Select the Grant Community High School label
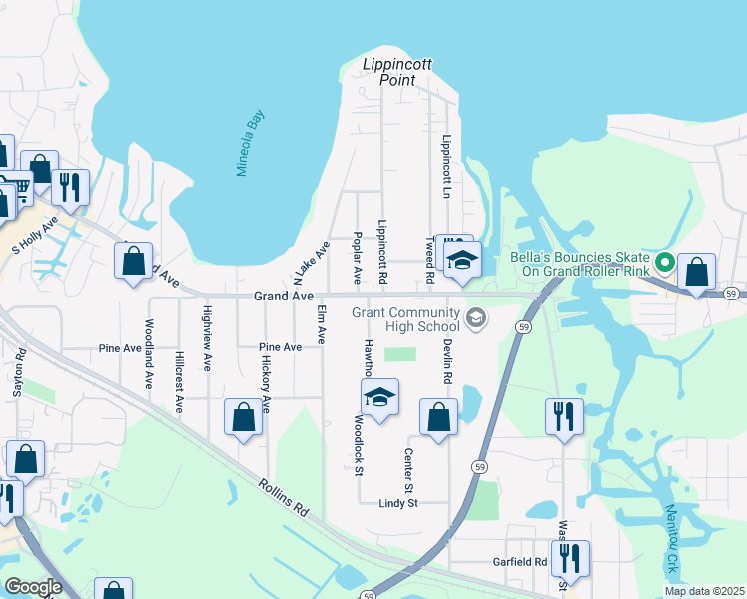click(405, 321)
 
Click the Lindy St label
click(397, 504)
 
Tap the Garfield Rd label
click(520, 562)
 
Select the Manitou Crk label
click(672, 540)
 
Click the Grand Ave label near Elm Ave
click(284, 297)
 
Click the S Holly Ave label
click(35, 233)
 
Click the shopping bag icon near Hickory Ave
click(243, 420)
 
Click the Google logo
click(33, 588)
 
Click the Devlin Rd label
click(448, 360)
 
